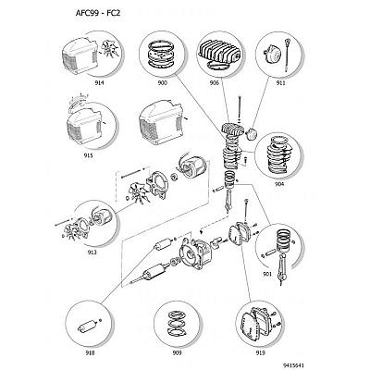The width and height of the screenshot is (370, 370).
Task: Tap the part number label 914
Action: coord(99,83)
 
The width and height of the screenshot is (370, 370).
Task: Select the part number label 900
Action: coord(163,83)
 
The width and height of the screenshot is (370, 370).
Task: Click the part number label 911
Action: coord(280,83)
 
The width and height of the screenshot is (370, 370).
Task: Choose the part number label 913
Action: coord(92,253)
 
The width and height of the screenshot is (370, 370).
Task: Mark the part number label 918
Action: coord(90,352)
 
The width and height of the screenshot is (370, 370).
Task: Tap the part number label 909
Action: coord(177,352)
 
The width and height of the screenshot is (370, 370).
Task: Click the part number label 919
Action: coord(260,352)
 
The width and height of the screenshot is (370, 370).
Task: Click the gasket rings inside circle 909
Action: coord(177,323)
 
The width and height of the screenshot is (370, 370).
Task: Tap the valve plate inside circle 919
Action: coord(250,326)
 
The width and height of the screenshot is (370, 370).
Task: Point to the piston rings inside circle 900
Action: coord(162,56)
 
